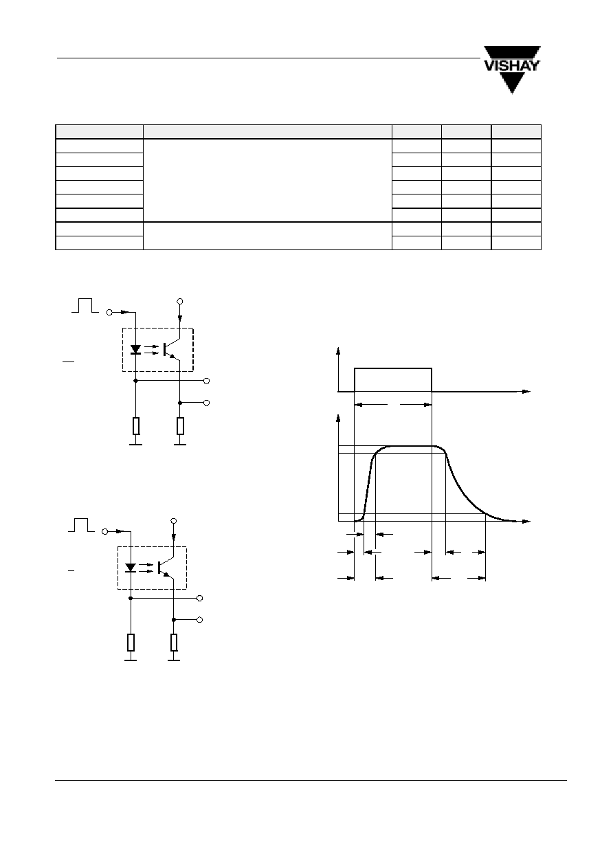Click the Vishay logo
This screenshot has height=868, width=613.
pyautogui.click(x=512, y=69)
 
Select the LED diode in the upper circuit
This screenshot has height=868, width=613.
pyautogui.click(x=135, y=350)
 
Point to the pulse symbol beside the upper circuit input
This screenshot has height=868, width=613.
pyautogui.click(x=85, y=305)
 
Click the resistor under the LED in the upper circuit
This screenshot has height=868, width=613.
pyautogui.click(x=135, y=426)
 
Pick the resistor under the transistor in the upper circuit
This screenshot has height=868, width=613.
pyautogui.click(x=180, y=426)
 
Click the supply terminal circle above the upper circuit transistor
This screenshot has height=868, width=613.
pyautogui.click(x=180, y=301)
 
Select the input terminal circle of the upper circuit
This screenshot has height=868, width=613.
pyautogui.click(x=109, y=312)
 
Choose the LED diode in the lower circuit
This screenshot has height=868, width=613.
pyautogui.click(x=131, y=568)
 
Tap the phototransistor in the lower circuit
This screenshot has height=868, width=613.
pyautogui.click(x=166, y=568)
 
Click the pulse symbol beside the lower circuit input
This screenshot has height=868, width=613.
pyautogui.click(x=81, y=524)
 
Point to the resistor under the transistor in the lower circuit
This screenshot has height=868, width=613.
pyautogui.click(x=174, y=643)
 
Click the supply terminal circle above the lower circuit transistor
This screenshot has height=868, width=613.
pyautogui.click(x=174, y=521)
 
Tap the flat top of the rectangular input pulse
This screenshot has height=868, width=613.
pyautogui.click(x=393, y=368)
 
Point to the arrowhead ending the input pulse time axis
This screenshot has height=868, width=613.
pyautogui.click(x=526, y=391)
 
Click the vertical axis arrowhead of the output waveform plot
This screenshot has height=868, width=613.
pyautogui.click(x=338, y=419)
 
